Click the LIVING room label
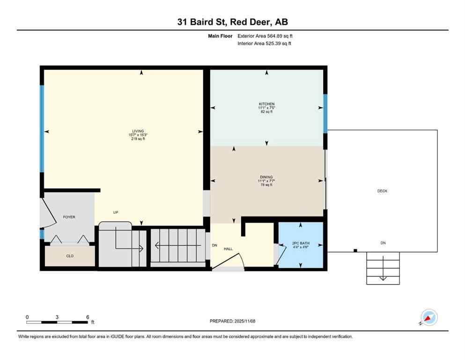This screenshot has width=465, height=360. (x=138, y=131)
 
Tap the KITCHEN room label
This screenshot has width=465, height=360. (x=267, y=104)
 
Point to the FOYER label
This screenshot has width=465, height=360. (x=69, y=217)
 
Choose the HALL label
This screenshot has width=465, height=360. (x=228, y=249)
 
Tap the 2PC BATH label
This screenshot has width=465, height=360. (x=301, y=244)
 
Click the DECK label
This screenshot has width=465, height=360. (x=382, y=191)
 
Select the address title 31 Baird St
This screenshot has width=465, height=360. (x=232, y=22)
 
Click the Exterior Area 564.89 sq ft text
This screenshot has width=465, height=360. (x=265, y=36)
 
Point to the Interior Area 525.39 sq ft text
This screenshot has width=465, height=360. (x=264, y=43)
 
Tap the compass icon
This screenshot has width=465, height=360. (x=428, y=318)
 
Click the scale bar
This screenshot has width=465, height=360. (x=57, y=322)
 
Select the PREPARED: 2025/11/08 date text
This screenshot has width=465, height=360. (x=233, y=321)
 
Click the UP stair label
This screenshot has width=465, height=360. (x=116, y=212)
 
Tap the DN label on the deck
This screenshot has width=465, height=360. (x=383, y=243)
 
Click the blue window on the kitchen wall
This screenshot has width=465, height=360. (x=325, y=113)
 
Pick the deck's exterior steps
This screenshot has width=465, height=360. (x=383, y=268)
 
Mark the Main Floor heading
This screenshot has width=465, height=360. (x=221, y=36)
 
